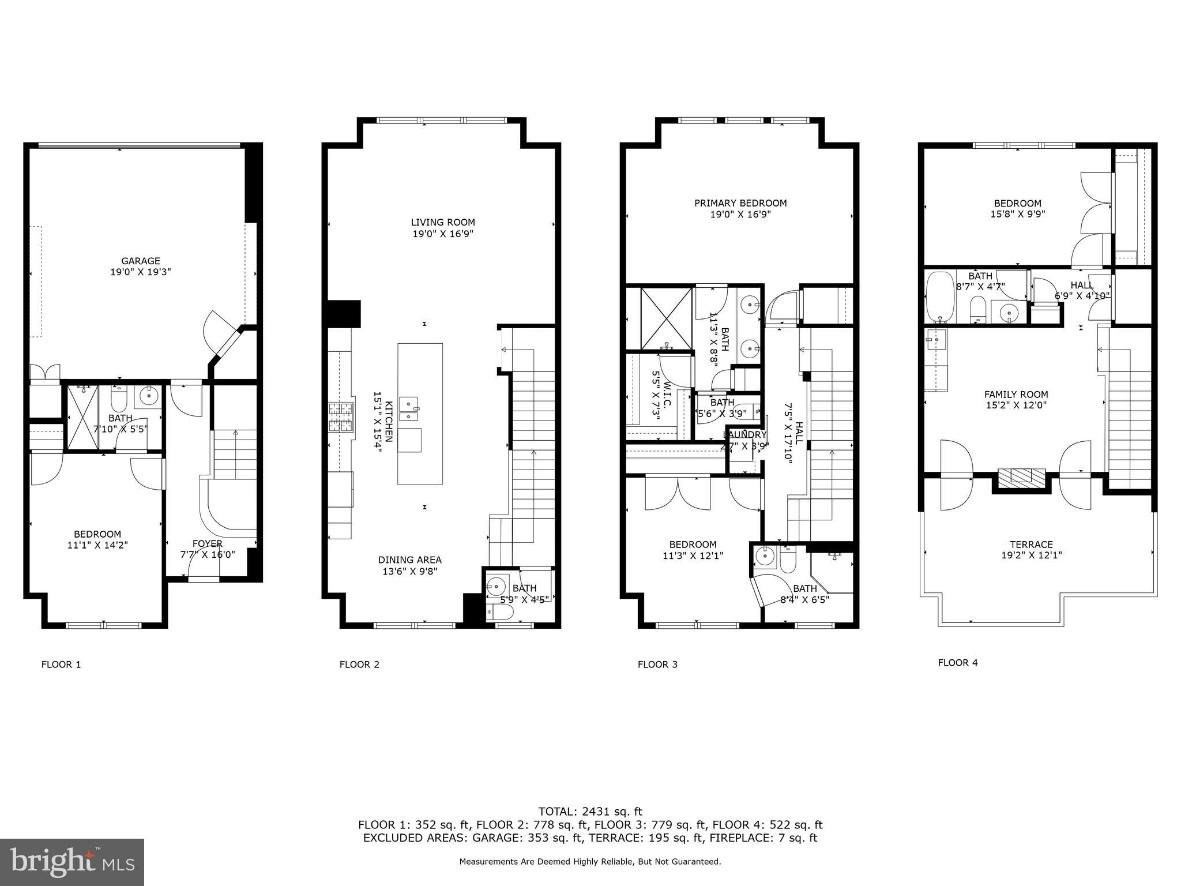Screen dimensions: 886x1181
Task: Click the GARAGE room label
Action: point(140,261)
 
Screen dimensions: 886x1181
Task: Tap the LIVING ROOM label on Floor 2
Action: point(443,222)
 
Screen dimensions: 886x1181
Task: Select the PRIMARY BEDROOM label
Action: point(740,203)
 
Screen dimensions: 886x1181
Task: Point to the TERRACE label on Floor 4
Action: point(1031,544)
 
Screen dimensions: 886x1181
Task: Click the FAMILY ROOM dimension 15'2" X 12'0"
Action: point(1016,406)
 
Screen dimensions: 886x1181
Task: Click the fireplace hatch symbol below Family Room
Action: point(1021,476)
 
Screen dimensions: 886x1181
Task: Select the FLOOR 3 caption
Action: point(657,664)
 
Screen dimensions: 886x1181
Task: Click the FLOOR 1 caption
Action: point(61,664)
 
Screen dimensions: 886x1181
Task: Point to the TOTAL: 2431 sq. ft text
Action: point(590,812)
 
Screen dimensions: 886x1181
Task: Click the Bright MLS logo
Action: point(72,862)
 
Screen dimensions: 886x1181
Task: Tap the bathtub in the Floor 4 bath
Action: point(940,296)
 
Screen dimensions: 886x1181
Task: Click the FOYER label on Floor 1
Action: point(208,543)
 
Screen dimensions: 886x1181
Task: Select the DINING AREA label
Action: point(409,560)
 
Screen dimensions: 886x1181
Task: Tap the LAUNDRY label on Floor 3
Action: point(744,435)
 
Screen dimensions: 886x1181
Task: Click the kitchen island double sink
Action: point(409,408)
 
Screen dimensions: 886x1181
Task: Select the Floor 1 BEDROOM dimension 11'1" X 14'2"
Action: point(97,544)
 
